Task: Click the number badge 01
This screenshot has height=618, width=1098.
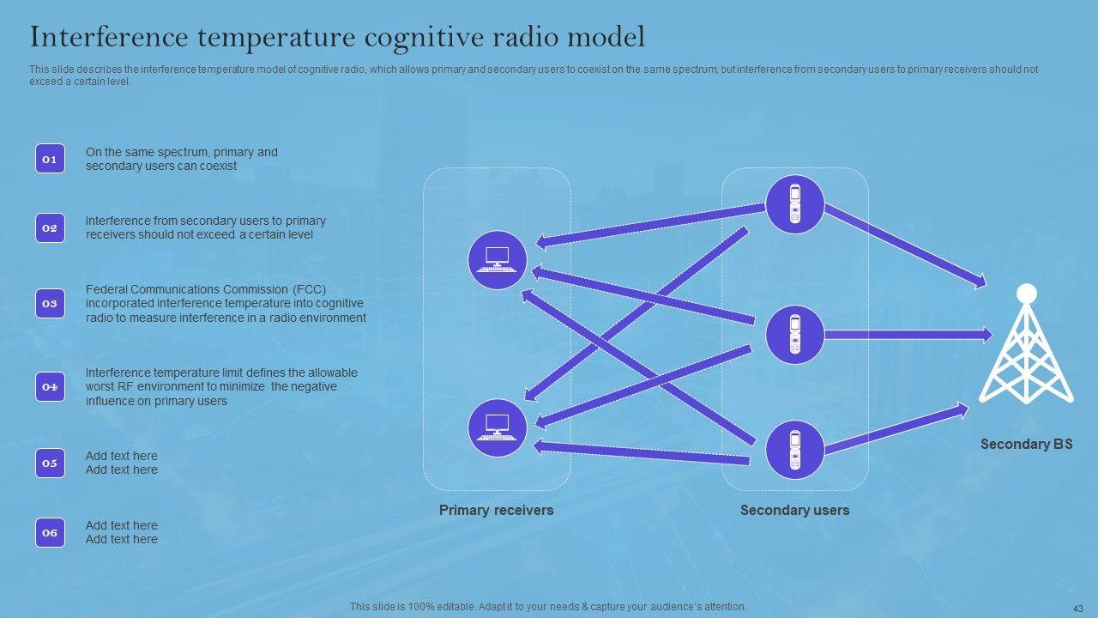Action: (50, 159)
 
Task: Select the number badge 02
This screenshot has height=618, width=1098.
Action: (50, 228)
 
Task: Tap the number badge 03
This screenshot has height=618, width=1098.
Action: (50, 303)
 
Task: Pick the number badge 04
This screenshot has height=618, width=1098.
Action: (50, 387)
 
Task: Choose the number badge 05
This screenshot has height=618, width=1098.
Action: (50, 463)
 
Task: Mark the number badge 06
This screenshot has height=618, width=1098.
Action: (50, 533)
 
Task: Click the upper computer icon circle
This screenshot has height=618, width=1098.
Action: (498, 259)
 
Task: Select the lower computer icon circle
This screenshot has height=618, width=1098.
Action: (498, 427)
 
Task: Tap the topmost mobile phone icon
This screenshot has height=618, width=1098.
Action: (794, 204)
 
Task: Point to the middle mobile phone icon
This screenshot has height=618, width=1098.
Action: (794, 334)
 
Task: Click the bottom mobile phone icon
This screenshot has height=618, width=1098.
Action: (794, 450)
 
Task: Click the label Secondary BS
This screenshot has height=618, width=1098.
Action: (1026, 445)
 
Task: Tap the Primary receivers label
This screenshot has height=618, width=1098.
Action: (496, 511)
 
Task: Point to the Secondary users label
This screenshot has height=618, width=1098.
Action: (794, 511)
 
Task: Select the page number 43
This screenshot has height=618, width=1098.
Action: (1078, 608)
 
